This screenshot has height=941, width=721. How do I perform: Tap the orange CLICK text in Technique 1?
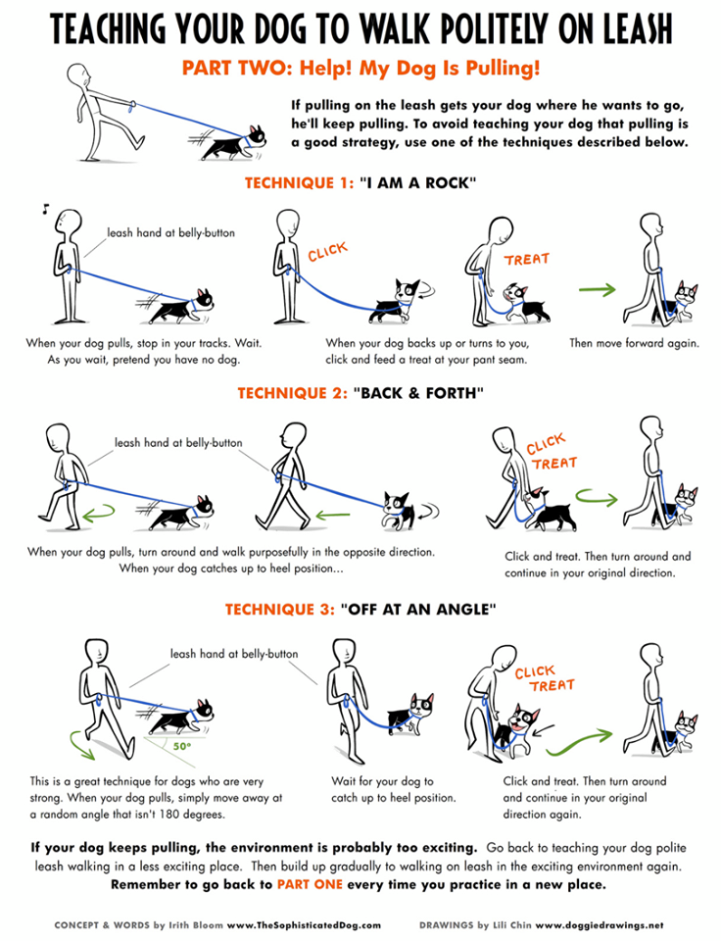click(x=327, y=252)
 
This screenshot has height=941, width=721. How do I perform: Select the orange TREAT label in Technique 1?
click(x=527, y=259)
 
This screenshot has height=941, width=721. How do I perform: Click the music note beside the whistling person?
click(x=45, y=209)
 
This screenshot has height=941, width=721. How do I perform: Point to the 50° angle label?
click(x=182, y=746)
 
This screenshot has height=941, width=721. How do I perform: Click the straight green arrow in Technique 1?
click(x=598, y=290)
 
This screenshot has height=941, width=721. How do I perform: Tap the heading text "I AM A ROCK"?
click(x=418, y=183)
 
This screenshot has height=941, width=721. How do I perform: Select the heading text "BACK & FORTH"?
click(x=418, y=393)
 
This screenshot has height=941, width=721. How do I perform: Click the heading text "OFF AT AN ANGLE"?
click(x=418, y=610)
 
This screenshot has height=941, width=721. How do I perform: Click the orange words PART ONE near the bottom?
click(x=310, y=884)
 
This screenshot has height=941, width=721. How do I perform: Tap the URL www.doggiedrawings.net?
click(x=600, y=924)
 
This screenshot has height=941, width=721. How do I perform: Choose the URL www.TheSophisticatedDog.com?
click(x=304, y=924)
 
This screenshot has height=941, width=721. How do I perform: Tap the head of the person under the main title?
click(x=79, y=76)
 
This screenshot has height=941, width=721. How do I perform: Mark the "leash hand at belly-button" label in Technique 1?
click(x=171, y=233)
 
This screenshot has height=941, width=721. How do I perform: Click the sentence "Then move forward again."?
click(x=634, y=343)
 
